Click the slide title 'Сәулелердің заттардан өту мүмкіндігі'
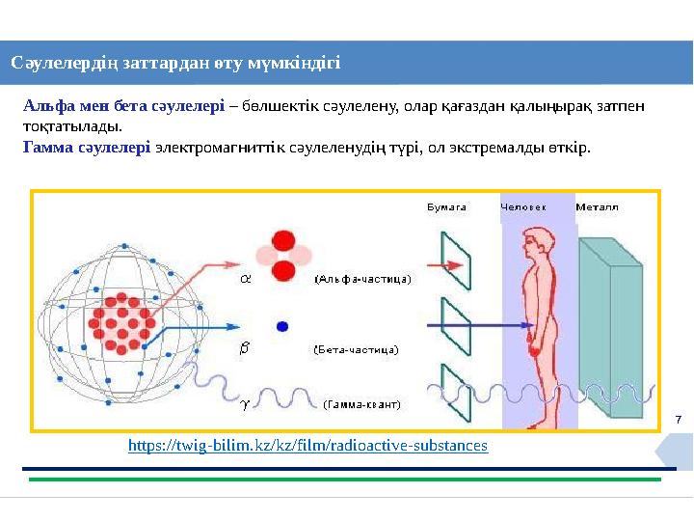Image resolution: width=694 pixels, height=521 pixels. [x=175, y=64]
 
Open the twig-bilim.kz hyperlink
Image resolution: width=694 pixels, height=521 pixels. [x=307, y=446]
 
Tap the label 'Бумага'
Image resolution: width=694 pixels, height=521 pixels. [x=447, y=206]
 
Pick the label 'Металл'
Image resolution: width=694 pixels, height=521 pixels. [x=597, y=206]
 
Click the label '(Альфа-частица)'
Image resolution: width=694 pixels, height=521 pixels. [x=362, y=279]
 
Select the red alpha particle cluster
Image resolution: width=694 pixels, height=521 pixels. [x=283, y=256]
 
